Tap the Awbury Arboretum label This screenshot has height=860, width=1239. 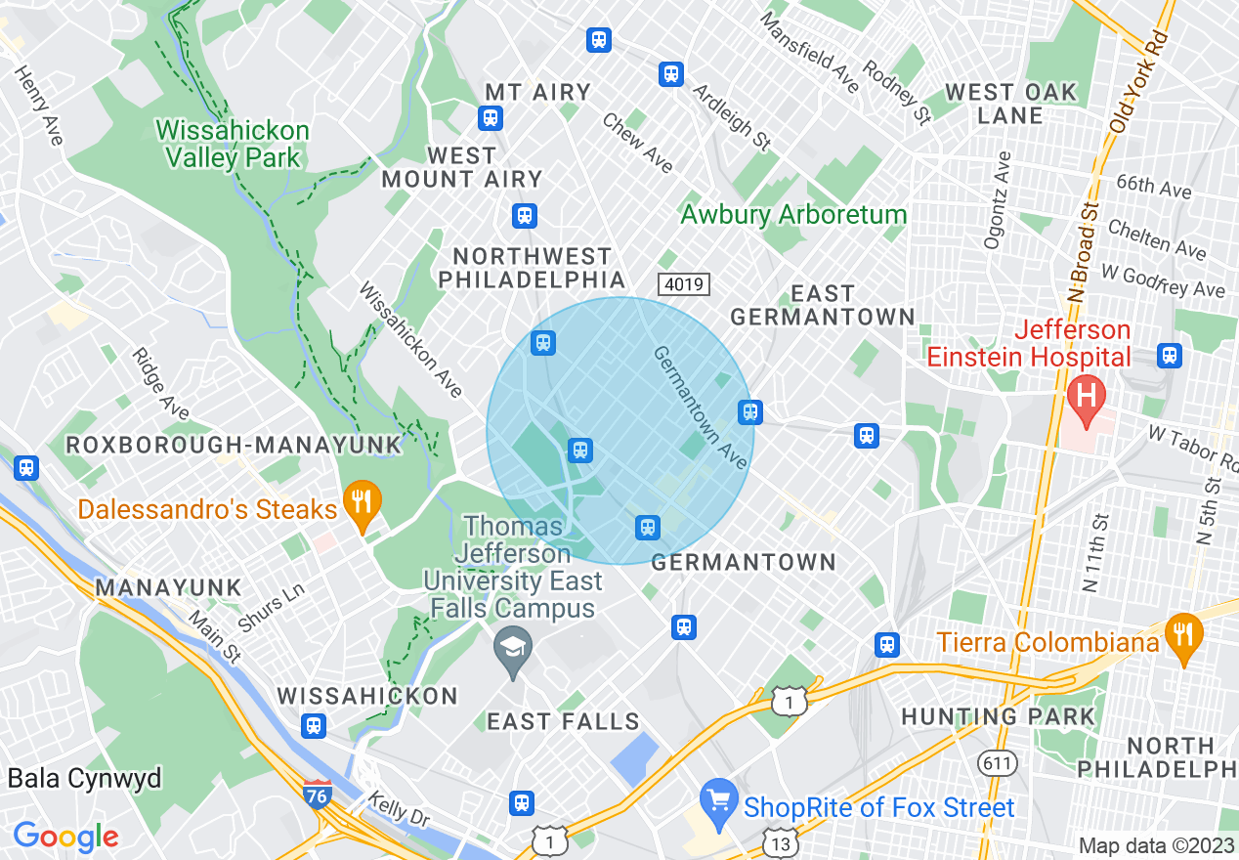click(x=793, y=214)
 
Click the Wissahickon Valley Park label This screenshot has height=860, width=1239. click(x=233, y=144)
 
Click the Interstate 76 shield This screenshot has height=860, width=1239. click(x=316, y=794)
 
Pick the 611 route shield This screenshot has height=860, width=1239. click(x=1001, y=761)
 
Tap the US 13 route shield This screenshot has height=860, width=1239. click(x=781, y=842)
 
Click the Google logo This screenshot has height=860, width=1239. click(x=65, y=837)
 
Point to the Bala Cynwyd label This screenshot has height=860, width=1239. click(x=84, y=779)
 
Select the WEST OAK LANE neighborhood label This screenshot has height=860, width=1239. click(x=1010, y=104)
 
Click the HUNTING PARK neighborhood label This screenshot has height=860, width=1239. click(x=998, y=716)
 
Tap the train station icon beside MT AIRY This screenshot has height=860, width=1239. click(x=490, y=118)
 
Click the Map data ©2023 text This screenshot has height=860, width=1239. click(x=1156, y=845)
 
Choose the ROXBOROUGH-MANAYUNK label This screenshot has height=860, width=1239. click(x=234, y=445)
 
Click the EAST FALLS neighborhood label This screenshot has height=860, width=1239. click(x=563, y=721)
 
